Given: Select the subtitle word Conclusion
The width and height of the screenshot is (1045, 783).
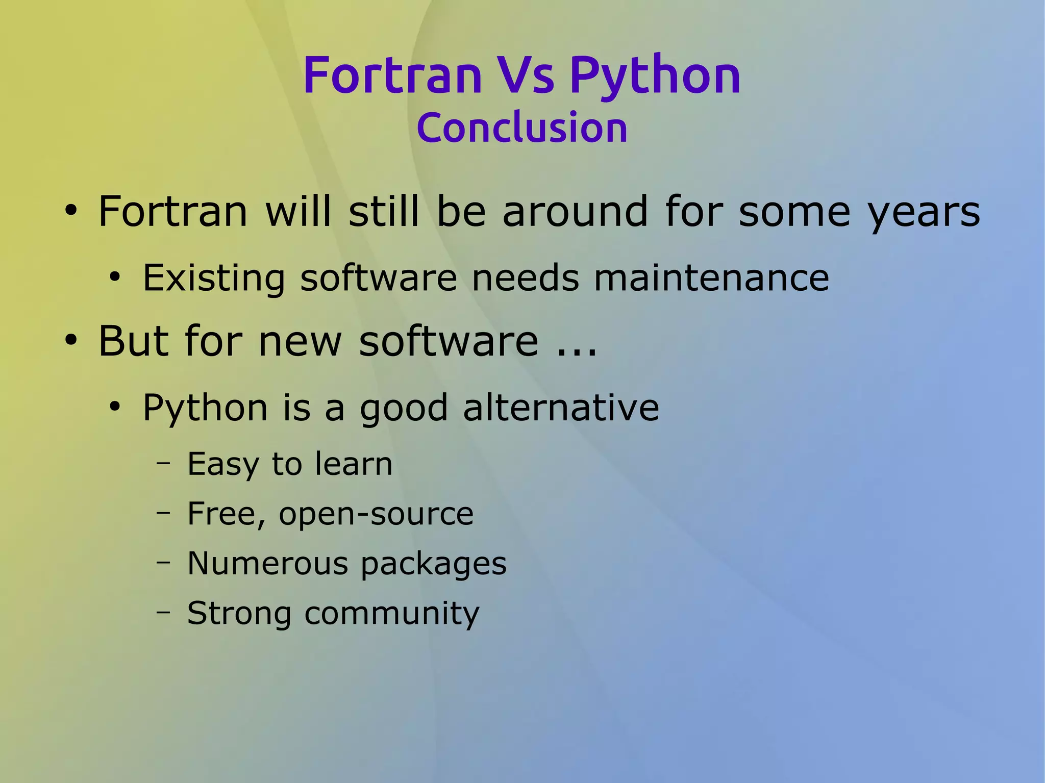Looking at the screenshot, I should click(521, 128).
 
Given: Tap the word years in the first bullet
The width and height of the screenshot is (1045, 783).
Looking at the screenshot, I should click(924, 212).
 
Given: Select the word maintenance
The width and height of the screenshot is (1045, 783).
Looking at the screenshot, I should click(711, 279).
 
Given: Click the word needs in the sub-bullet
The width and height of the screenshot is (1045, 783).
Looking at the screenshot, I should click(526, 279).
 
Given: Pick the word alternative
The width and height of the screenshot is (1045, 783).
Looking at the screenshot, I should click(561, 408).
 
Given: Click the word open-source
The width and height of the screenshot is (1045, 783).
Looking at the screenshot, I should click(376, 514).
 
